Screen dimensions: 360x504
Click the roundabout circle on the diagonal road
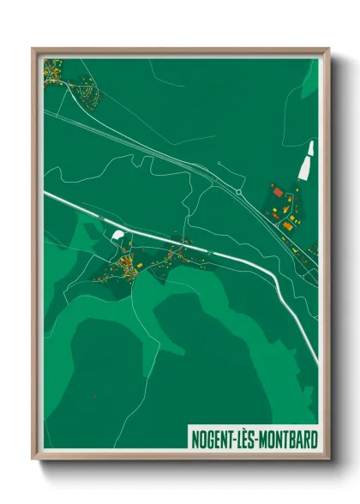tap(238, 192)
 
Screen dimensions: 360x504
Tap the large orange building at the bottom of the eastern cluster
tap(289, 225)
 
